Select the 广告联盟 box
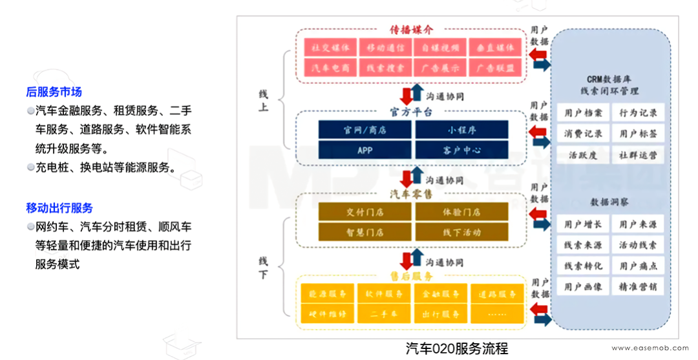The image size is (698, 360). pos(496,67)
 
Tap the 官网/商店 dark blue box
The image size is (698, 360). pos(365,130)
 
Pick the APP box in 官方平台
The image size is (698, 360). pos(365,150)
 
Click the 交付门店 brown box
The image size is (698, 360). pos(365,212)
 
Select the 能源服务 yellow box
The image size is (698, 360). pos(328,294)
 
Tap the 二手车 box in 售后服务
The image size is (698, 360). pos(384,313)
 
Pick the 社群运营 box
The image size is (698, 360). pos(638,156)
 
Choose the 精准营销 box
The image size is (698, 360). pos(638,286)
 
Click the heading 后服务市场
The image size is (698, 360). pos(54,92)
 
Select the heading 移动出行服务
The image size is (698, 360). pos(59,208)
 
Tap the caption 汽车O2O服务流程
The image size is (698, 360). pos(457,349)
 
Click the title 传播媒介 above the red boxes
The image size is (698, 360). pos(410,30)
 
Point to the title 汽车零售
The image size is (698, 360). pos(410,193)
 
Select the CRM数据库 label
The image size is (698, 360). pos(609,78)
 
